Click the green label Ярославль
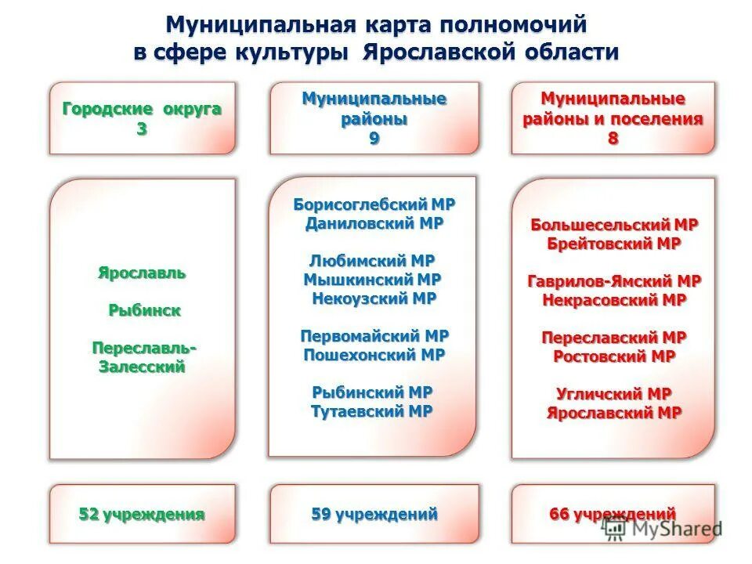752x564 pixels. tap(142, 273)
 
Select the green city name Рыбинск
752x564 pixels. tap(144, 310)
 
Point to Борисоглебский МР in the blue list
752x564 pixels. tap(374, 204)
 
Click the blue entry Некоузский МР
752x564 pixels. tap(374, 298)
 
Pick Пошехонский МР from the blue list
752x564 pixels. tap(374, 354)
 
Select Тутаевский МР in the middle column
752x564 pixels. tap(372, 411)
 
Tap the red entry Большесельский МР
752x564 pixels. tap(613, 225)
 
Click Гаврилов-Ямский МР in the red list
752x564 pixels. tap(613, 280)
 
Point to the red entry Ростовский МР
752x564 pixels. tap(613, 356)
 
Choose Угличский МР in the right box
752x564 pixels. tap(613, 393)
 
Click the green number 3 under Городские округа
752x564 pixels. tap(142, 129)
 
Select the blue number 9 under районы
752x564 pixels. tap(374, 139)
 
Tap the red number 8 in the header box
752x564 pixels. tap(613, 139)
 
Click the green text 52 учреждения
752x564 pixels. tap(142, 515)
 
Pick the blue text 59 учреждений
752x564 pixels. tap(374, 515)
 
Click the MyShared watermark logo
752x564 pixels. tap(662, 530)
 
